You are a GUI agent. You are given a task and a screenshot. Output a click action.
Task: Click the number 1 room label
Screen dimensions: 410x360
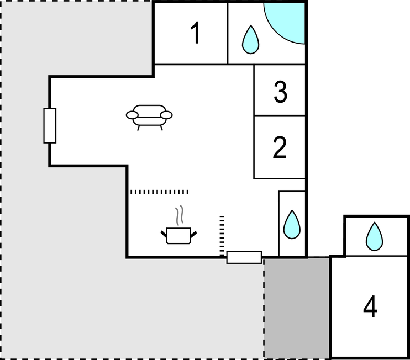196,33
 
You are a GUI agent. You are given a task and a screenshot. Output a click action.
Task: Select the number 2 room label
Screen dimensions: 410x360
280,147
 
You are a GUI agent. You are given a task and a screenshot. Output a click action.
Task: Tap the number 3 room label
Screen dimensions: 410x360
280,92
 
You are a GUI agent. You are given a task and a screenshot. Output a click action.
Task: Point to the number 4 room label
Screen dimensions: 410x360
370,306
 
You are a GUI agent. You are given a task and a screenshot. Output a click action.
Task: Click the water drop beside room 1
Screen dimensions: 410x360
251,39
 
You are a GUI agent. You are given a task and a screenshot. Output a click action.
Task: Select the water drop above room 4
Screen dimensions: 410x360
375,236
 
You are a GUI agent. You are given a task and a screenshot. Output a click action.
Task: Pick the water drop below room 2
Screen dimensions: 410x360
292,224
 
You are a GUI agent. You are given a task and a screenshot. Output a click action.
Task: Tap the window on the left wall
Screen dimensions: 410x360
50,126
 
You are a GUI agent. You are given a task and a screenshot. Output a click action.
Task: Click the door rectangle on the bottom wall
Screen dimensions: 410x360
244,258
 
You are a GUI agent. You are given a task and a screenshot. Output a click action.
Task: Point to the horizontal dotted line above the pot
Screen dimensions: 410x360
159,192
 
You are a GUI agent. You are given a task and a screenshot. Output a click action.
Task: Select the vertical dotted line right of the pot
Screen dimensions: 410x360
222,235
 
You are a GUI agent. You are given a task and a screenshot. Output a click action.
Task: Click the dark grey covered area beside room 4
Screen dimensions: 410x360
297,308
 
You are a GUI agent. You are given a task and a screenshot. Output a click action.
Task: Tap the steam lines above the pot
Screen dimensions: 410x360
179,215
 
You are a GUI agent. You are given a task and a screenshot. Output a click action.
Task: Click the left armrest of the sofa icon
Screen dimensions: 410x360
132,115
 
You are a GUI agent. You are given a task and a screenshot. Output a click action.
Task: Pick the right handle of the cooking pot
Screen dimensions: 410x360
193,234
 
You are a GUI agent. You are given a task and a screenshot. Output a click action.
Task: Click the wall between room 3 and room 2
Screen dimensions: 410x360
280,115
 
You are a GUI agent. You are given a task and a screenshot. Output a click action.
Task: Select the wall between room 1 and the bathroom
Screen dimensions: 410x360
228,33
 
